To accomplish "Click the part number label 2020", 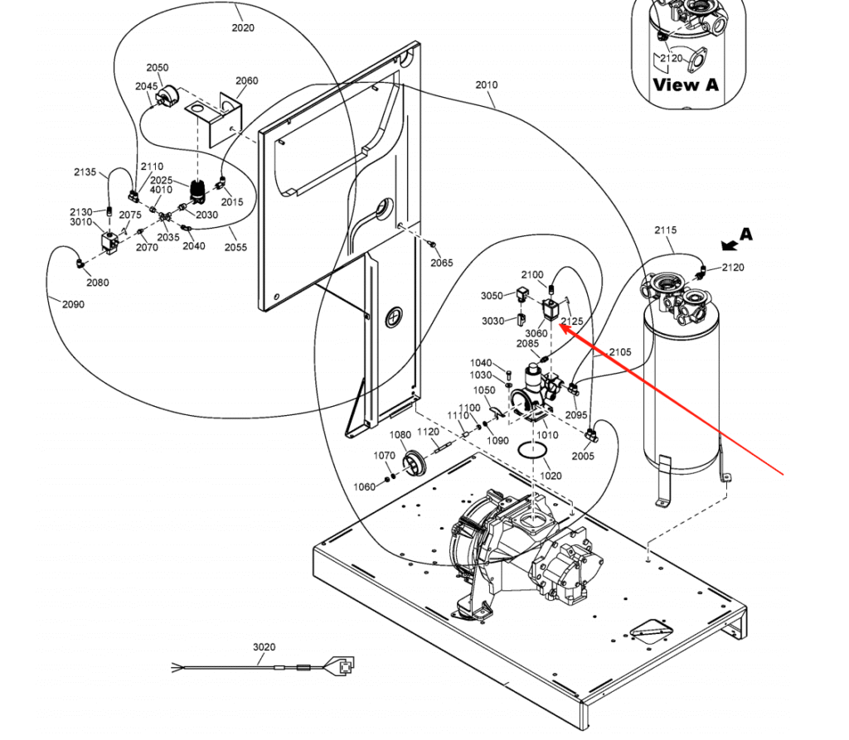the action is (x=243, y=27).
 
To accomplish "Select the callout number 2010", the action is (x=486, y=85).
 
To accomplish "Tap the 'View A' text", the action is (x=686, y=85).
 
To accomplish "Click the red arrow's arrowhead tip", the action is (x=559, y=325).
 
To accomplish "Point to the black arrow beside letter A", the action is (x=730, y=245).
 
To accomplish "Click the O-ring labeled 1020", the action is (x=532, y=449).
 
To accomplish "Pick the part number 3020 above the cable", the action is (x=264, y=647).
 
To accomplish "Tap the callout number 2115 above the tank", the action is (x=666, y=230).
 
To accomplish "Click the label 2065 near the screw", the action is (x=442, y=263).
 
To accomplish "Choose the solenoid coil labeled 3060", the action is (x=551, y=310).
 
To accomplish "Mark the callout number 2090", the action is (x=73, y=304).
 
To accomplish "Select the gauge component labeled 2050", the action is (x=167, y=96).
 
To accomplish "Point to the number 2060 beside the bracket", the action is (x=247, y=80).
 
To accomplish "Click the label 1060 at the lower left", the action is (x=365, y=487).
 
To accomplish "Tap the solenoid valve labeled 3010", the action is (x=110, y=243).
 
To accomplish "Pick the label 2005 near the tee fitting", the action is (x=583, y=457).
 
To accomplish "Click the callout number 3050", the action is (x=492, y=296).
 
